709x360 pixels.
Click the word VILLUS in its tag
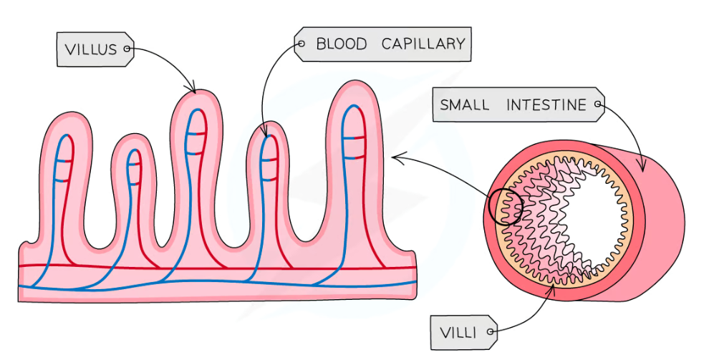pos(90,49)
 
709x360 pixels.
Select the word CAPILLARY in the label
pos(423,44)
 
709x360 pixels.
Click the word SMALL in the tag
pos(465,105)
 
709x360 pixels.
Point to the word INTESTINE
pos(546,105)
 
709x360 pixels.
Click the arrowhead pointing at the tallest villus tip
pos(193,89)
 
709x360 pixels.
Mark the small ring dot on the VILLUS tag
pos(127,49)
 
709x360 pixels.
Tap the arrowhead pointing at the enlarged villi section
pos(395,155)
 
